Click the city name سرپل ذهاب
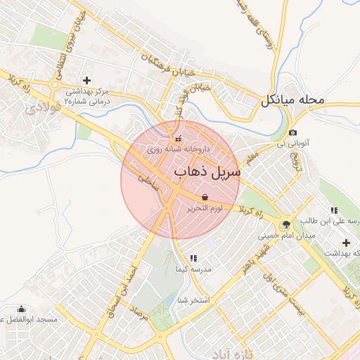(207, 171)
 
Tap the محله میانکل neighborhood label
(293, 101)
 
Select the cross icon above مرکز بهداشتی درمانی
(87, 80)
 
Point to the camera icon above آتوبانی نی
(293, 133)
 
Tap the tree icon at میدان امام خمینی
(286, 225)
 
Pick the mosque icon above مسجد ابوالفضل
(21, 309)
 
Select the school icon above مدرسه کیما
(193, 258)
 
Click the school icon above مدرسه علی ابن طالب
(334, 210)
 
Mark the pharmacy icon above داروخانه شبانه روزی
(177, 138)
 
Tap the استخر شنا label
(193, 301)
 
